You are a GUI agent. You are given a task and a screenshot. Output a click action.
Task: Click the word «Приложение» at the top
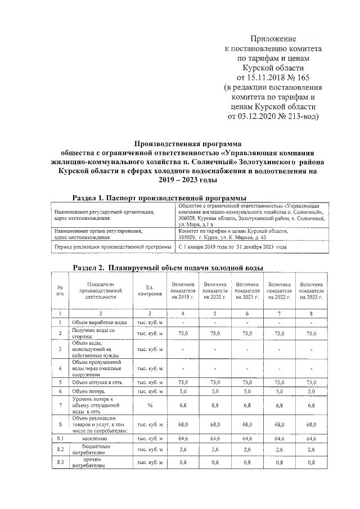coord(273,38)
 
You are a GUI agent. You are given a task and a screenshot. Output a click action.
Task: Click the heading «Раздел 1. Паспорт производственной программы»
coord(160,198)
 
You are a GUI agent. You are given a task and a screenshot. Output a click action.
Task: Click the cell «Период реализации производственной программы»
coord(112,247)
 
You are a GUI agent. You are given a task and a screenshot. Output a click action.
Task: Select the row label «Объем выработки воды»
coord(99,322)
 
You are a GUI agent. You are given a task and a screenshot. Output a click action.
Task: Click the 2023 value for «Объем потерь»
coord(310,391)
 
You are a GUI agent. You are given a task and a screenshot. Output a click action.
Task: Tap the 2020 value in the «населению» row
coord(215,438)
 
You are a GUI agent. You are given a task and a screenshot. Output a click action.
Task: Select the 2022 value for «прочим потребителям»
coord(279,463)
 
